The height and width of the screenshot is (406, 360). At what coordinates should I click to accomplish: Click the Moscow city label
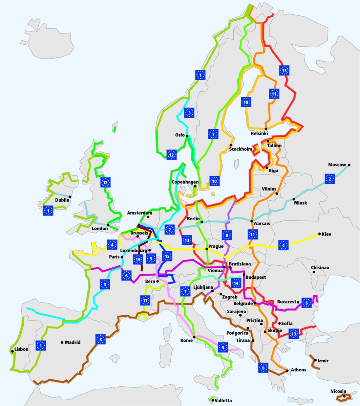click(337, 165)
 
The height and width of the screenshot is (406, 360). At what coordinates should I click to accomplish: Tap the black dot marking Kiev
click(319, 234)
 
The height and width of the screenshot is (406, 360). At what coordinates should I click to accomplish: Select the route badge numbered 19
click(137, 260)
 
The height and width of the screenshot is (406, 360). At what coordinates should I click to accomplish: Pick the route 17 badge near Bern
click(145, 300)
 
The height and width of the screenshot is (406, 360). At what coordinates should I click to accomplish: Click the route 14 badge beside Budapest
click(236, 283)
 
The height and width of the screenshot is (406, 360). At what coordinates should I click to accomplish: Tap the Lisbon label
click(22, 349)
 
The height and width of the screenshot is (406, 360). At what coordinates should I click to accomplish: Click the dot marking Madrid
click(62, 342)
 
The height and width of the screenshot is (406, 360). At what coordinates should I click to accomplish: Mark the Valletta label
click(223, 401)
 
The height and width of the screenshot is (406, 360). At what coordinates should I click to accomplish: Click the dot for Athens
click(288, 370)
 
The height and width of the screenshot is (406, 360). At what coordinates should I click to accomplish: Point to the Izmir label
click(323, 361)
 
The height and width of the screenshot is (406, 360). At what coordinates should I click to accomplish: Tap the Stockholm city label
click(241, 149)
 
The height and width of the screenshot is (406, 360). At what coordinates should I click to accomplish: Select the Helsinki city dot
click(266, 129)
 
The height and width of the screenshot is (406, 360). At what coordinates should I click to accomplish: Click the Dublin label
click(62, 200)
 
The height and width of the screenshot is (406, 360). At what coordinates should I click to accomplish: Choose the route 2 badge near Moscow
click(330, 179)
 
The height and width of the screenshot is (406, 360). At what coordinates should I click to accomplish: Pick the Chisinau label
click(320, 268)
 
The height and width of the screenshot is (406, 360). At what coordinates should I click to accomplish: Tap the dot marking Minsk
click(294, 199)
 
